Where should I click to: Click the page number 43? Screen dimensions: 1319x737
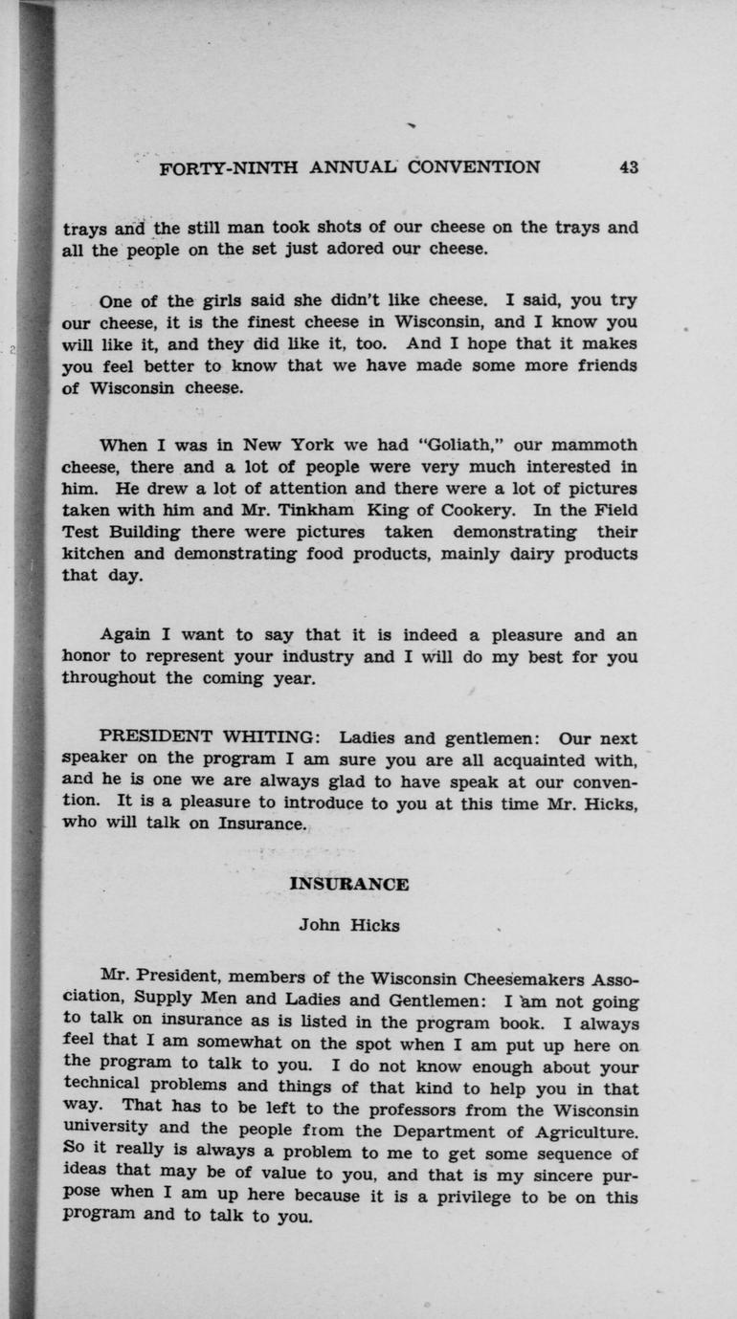628,167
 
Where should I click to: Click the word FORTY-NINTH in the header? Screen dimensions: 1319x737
229,167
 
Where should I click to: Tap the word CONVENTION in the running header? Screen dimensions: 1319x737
474,167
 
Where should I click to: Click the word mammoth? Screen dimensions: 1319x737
592,445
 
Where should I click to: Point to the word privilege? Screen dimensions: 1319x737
481,1197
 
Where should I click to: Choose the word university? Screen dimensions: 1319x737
105,1132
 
